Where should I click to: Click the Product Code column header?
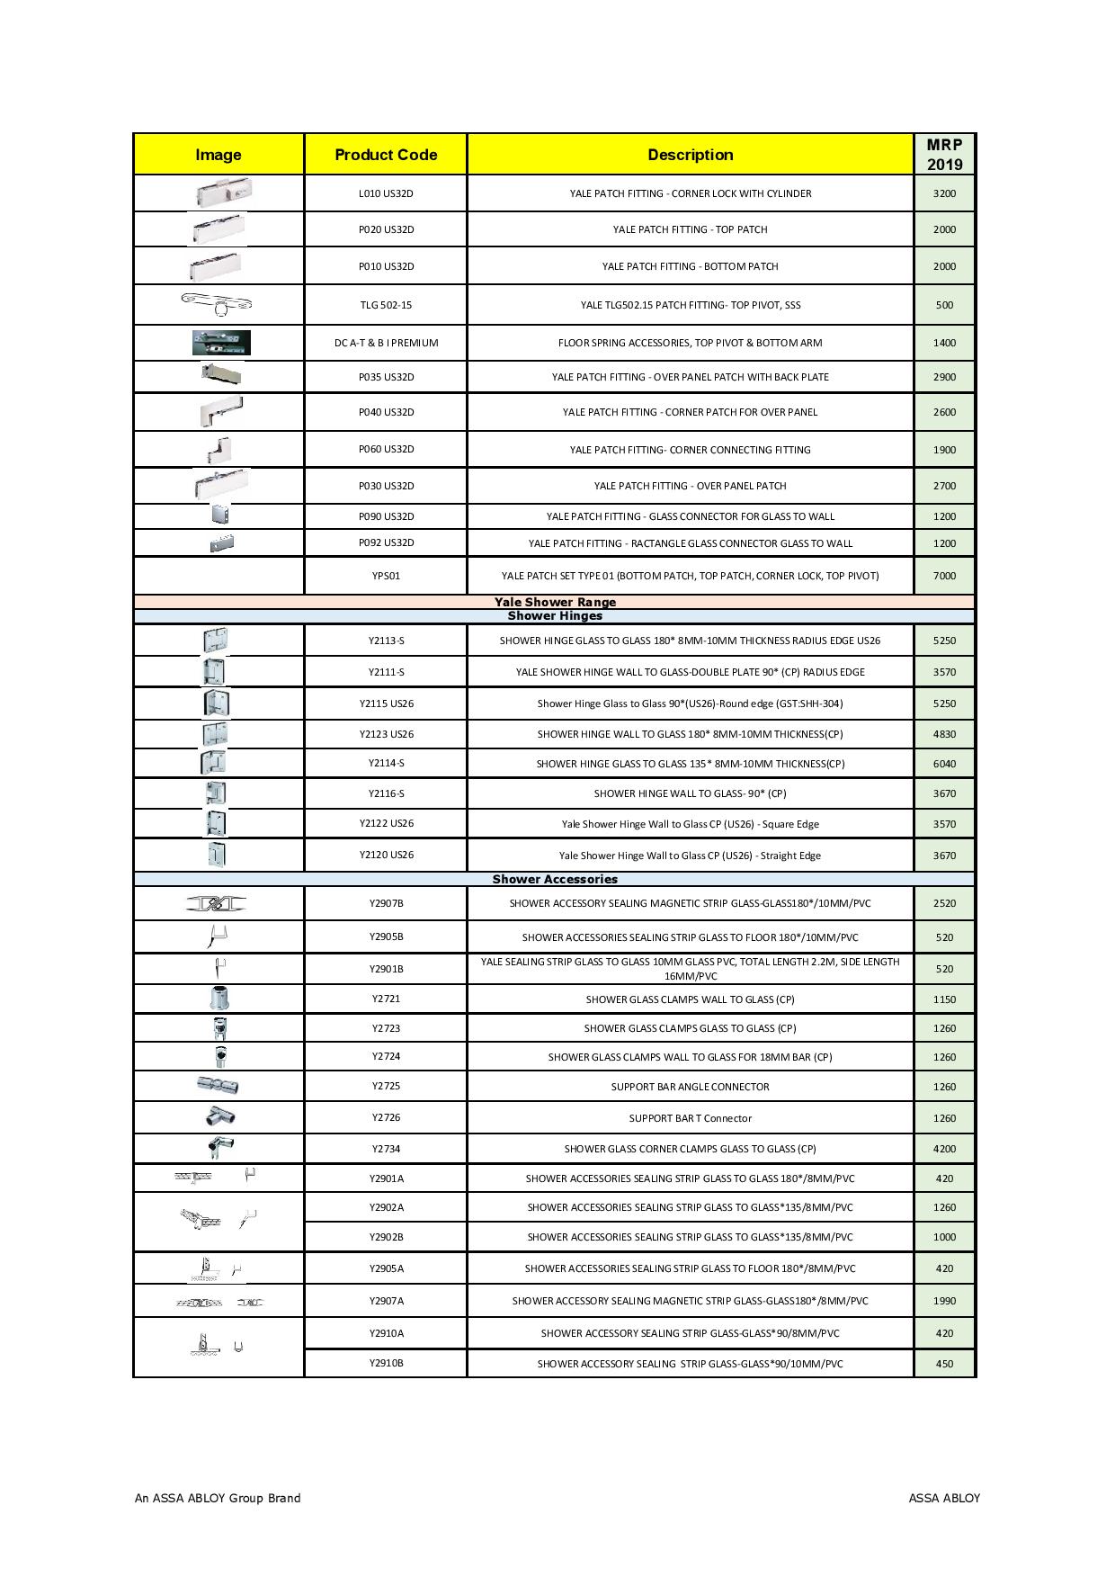[386, 155]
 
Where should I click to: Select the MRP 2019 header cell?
[944, 155]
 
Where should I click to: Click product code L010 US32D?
[386, 193]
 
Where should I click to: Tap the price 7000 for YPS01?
[944, 576]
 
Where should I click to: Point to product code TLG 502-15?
[386, 305]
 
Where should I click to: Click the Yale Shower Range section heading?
[555, 602]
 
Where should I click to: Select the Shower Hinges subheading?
[555, 616]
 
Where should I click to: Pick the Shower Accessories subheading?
[555, 879]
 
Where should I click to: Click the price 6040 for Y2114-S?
[944, 764]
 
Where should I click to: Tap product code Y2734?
[386, 1149]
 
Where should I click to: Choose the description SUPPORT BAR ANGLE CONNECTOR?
[690, 1087]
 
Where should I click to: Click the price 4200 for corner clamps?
[944, 1149]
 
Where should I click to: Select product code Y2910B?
[386, 1363]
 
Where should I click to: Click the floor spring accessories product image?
[220, 343]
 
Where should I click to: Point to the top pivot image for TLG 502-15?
[217, 304]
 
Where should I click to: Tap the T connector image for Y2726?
[219, 1116]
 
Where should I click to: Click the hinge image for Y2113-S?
[215, 641]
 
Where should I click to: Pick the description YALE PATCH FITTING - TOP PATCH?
[690, 229]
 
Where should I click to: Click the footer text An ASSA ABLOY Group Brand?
[218, 1498]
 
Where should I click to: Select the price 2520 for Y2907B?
[944, 903]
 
